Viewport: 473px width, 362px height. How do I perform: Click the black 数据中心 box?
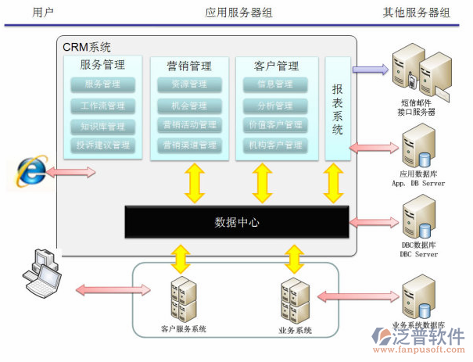point(237,222)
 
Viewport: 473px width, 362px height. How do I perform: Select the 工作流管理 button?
point(102,106)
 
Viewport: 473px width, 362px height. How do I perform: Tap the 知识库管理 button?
point(102,126)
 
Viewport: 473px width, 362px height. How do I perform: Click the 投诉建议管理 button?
point(102,145)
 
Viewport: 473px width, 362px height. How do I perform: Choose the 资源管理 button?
point(188,84)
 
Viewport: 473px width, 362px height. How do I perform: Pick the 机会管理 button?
point(188,106)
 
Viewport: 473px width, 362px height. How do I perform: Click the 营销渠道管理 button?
point(188,145)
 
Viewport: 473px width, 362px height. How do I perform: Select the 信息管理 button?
point(275,84)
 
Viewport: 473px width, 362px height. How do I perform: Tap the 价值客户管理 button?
point(275,125)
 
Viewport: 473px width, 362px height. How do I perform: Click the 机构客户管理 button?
point(275,145)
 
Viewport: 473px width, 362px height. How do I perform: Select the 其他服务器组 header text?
point(417,13)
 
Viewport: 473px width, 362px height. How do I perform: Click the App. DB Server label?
point(418,183)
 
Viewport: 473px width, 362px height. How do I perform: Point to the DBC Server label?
point(419,254)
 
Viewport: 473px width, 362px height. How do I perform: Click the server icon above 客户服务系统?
point(182,298)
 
